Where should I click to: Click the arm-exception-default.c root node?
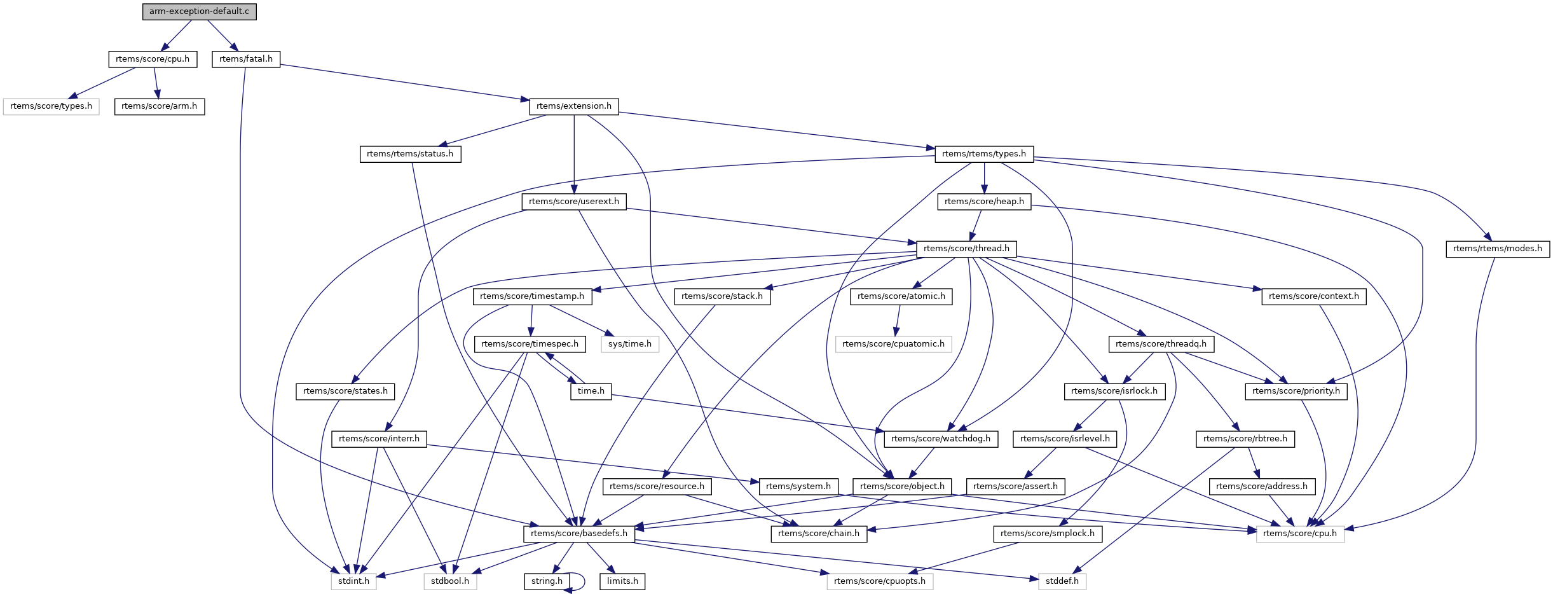199,11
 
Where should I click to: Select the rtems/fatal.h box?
245,59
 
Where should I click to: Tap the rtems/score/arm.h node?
159,106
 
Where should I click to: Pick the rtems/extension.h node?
573,106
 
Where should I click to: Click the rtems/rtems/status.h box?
410,154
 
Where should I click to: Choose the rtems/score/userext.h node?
573,202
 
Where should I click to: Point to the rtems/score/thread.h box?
966,249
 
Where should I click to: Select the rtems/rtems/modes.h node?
1497,249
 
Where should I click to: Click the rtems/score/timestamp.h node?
531,296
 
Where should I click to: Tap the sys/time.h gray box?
629,344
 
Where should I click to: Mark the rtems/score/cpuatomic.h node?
893,344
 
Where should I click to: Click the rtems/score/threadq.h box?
1161,344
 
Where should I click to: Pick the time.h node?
591,391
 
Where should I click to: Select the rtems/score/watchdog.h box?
940,439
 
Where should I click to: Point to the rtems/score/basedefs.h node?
578,534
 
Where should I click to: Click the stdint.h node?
353,581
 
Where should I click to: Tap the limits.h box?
622,581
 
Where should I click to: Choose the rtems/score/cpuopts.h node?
879,581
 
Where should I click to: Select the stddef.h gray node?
1062,581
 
